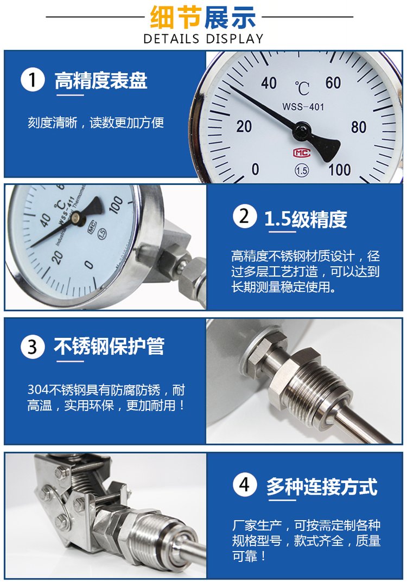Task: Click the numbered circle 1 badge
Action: click(x=33, y=80)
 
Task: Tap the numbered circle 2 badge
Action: click(x=245, y=216)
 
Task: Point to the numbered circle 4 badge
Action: click(x=245, y=484)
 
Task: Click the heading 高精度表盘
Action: click(x=101, y=80)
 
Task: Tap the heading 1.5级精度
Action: click(x=306, y=219)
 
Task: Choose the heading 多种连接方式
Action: click(x=322, y=486)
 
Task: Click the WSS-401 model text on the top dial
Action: click(x=303, y=107)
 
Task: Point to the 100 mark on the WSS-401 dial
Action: click(x=339, y=170)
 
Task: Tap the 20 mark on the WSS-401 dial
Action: click(x=244, y=126)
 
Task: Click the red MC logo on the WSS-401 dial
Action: click(x=301, y=152)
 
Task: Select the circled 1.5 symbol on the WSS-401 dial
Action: click(x=301, y=170)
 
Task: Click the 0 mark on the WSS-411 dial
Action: click(x=88, y=264)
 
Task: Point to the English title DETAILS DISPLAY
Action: click(x=203, y=39)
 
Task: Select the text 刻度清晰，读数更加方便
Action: click(x=96, y=123)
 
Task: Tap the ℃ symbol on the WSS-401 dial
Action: click(x=302, y=89)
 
